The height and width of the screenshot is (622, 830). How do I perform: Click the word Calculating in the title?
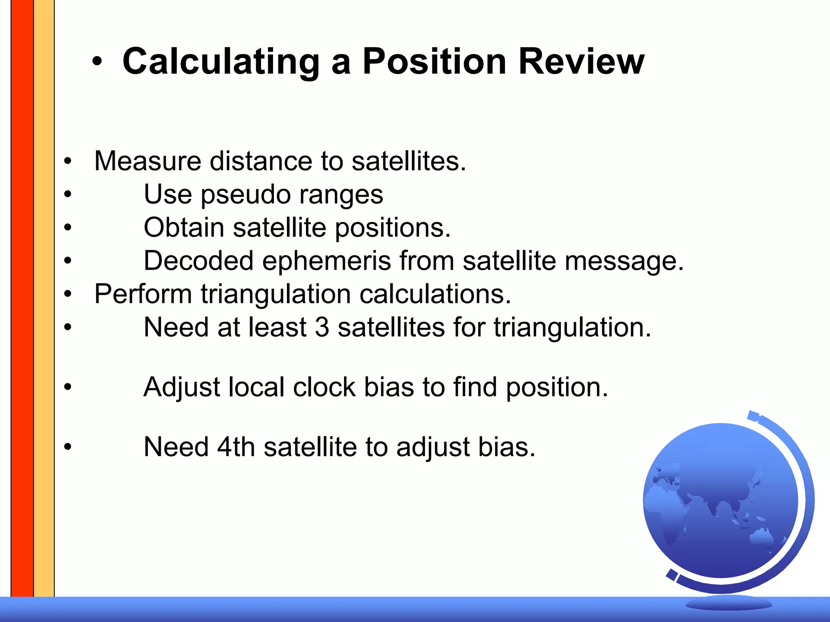(x=221, y=62)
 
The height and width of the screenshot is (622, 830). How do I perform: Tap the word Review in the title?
(x=581, y=62)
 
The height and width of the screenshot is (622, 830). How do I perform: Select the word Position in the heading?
(x=434, y=62)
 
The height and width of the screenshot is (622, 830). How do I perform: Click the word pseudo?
(x=246, y=195)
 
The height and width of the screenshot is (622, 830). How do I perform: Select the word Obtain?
(x=184, y=227)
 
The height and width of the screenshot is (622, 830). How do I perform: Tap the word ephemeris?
(x=326, y=261)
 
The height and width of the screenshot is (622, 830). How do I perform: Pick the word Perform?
(x=143, y=294)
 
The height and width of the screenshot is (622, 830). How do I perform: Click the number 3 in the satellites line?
(x=322, y=327)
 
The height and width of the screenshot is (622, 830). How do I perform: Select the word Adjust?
(x=182, y=387)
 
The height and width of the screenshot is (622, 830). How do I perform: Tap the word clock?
(x=324, y=387)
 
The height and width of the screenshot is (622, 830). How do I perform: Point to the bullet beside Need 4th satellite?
(x=68, y=447)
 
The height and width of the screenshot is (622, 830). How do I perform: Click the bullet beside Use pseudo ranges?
(x=68, y=194)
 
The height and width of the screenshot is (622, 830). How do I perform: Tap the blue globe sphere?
(x=720, y=501)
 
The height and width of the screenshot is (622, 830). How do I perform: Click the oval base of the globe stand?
(x=729, y=604)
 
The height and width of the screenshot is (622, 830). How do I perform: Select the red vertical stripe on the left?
(x=22, y=284)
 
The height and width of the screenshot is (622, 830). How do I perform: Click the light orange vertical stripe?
(x=44, y=284)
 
